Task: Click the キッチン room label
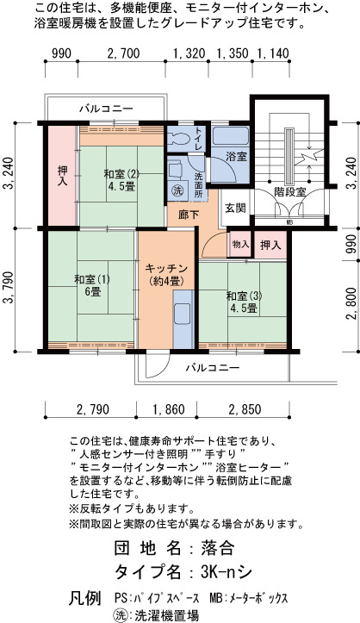tap(166, 274)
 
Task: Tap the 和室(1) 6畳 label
tap(92, 285)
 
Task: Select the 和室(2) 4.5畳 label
tap(121, 180)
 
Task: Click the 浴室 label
tap(236, 157)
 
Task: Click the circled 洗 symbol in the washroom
tap(176, 190)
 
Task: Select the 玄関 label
tap(236, 208)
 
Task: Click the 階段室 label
tap(289, 192)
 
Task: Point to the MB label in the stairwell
tap(289, 222)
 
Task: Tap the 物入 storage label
tap(240, 245)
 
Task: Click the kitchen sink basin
tap(183, 311)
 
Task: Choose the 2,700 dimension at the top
tap(123, 53)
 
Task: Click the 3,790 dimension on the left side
tap(9, 290)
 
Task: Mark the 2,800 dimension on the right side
tap(351, 305)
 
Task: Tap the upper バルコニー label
tap(106, 109)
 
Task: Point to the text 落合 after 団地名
tap(218, 548)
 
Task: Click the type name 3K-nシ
tap(227, 572)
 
